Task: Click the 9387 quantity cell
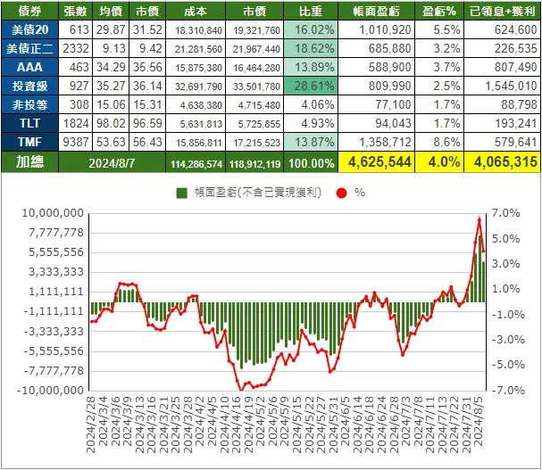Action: pyautogui.click(x=76, y=142)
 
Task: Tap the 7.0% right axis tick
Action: pyautogui.click(x=505, y=213)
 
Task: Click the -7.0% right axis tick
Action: pyautogui.click(x=504, y=390)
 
